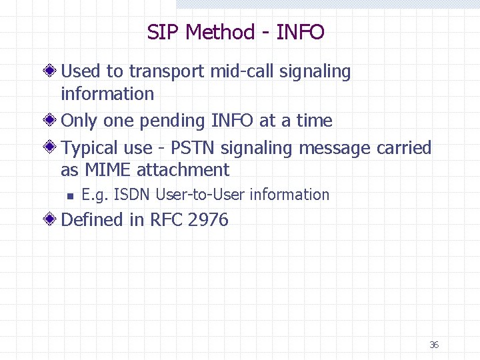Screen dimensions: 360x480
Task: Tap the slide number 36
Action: [434, 345]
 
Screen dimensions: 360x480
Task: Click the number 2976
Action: [208, 220]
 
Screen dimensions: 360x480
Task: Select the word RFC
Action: [166, 220]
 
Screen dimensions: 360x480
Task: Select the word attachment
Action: [183, 170]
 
